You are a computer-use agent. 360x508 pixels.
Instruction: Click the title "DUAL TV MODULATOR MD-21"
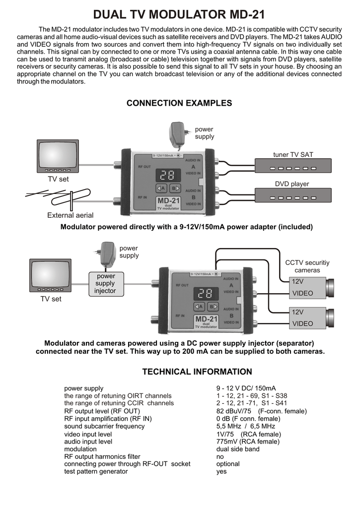[x=179, y=14]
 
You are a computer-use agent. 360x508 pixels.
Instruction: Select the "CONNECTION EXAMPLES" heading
[x=179, y=103]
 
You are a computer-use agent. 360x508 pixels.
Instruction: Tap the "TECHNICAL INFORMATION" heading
[x=197, y=372]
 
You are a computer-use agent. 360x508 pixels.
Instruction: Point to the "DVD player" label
[x=292, y=184]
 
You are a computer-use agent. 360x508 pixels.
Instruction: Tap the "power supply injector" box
[x=105, y=284]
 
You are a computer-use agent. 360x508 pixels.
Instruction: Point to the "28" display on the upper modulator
[x=167, y=175]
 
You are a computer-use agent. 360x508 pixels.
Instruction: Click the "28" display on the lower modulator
[x=206, y=293]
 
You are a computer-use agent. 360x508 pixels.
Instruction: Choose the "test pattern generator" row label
[x=96, y=471]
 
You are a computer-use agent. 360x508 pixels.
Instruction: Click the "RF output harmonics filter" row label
[x=102, y=456]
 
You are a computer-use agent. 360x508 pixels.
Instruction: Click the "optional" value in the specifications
[x=228, y=464]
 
